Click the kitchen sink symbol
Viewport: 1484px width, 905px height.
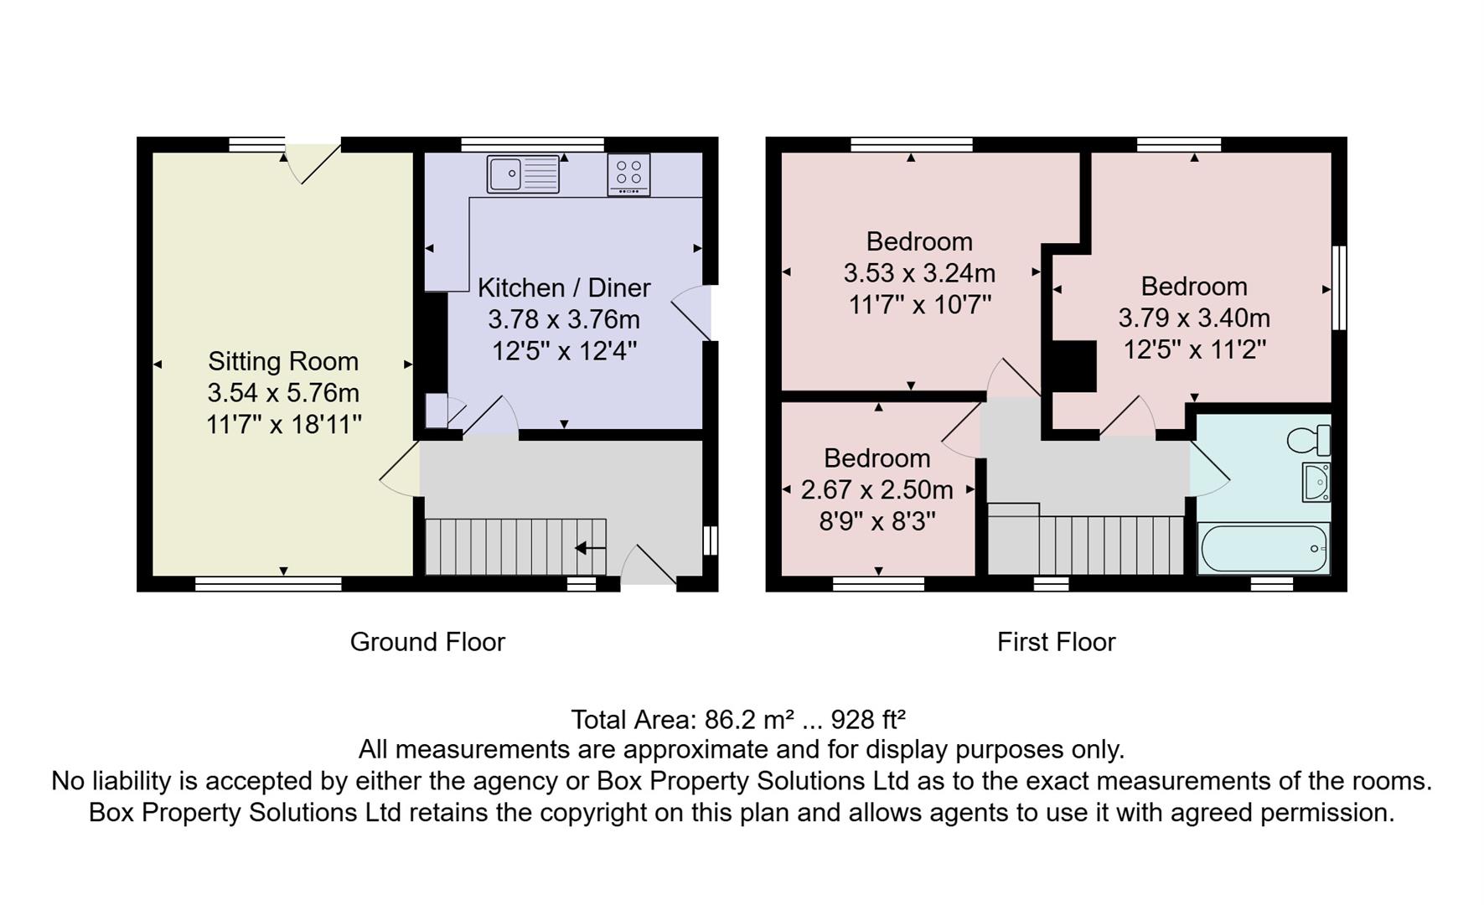pyautogui.click(x=523, y=174)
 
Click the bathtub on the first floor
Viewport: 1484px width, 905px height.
pyautogui.click(x=1264, y=549)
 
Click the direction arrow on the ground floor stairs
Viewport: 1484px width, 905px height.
pyautogui.click(x=590, y=549)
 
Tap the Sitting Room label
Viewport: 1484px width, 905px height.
pyautogui.click(x=283, y=361)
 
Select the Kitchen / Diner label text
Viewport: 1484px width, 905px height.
pyautogui.click(x=564, y=287)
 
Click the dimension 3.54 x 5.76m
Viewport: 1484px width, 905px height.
pyautogui.click(x=283, y=393)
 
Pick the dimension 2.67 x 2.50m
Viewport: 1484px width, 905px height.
pyautogui.click(x=876, y=489)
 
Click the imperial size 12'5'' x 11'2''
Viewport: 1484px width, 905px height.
pyautogui.click(x=1194, y=349)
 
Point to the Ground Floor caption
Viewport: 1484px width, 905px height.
pyautogui.click(x=427, y=642)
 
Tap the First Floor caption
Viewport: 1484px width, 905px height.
pyautogui.click(x=1056, y=642)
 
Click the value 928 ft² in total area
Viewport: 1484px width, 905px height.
pyautogui.click(x=867, y=720)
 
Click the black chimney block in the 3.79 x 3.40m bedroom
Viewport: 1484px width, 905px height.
pyautogui.click(x=1074, y=366)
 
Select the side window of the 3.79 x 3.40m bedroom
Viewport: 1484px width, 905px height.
pyautogui.click(x=1339, y=287)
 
